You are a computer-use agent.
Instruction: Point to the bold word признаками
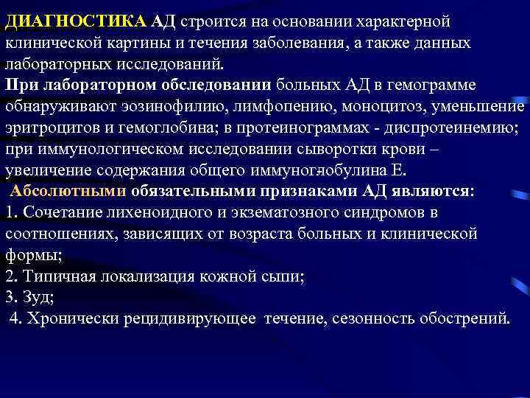click(x=310, y=192)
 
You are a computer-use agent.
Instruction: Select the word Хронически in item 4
click(x=74, y=319)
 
